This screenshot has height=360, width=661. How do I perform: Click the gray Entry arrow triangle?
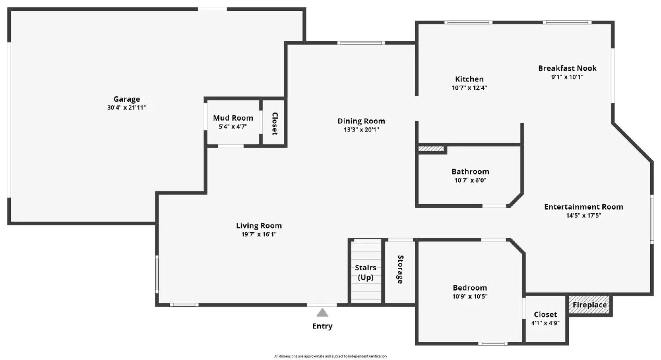tap(322, 312)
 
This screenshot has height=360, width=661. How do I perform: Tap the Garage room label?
tap(126, 99)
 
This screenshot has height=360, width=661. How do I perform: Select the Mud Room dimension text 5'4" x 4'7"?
tap(233, 127)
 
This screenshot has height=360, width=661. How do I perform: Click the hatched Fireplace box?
tap(589, 305)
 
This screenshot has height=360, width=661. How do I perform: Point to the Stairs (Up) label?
tap(366, 272)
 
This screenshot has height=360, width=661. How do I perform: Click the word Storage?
tap(400, 269)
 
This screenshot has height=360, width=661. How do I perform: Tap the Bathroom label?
tap(470, 172)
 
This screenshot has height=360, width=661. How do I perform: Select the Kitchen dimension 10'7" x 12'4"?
tap(469, 88)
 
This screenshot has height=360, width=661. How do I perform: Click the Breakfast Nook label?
tap(567, 68)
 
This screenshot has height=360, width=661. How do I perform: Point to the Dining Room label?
tap(361, 121)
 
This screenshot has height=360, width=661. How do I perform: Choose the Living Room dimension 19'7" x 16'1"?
tap(259, 234)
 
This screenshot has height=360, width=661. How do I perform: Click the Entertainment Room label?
tap(584, 207)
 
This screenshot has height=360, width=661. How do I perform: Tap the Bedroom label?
tap(470, 288)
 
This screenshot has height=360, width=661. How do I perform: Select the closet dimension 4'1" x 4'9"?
tap(545, 323)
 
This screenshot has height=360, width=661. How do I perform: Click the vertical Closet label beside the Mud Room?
tap(275, 124)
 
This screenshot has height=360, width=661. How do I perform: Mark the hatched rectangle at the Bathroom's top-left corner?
tap(431, 148)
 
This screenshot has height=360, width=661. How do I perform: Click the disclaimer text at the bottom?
tap(330, 356)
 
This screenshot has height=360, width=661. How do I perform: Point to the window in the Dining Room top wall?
tap(361, 43)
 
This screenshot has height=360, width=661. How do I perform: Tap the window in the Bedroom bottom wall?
tap(493, 343)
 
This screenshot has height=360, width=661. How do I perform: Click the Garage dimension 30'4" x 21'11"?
tap(126, 107)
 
